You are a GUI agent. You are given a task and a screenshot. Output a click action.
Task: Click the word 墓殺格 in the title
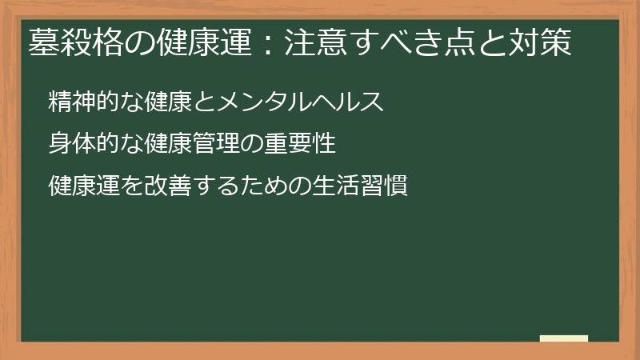pos(70,43)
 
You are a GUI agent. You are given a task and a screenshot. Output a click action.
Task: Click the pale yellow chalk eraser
pos(564,338)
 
